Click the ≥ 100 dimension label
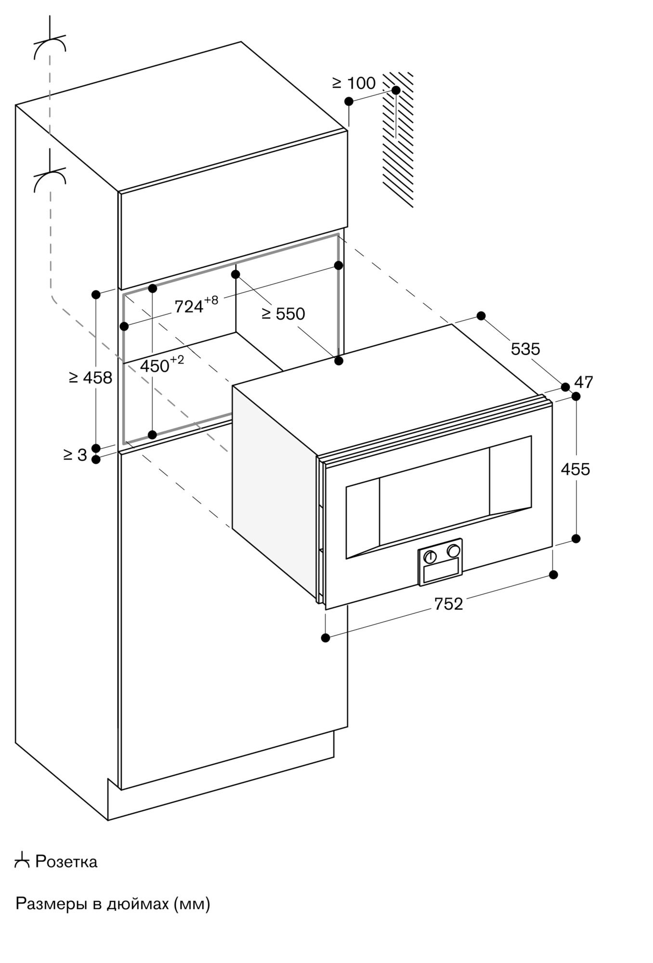click(x=354, y=83)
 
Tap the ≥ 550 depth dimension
click(x=283, y=314)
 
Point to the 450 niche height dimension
click(x=162, y=364)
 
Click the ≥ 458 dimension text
click(x=91, y=378)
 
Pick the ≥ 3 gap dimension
click(x=75, y=455)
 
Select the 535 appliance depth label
click(x=525, y=349)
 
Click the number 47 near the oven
click(x=584, y=382)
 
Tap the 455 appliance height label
click(x=575, y=469)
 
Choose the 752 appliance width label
click(x=448, y=604)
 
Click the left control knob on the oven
click(x=430, y=557)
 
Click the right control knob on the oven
click(x=453, y=550)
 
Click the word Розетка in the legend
click(x=66, y=861)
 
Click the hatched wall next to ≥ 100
click(x=398, y=140)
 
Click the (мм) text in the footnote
click(x=192, y=904)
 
